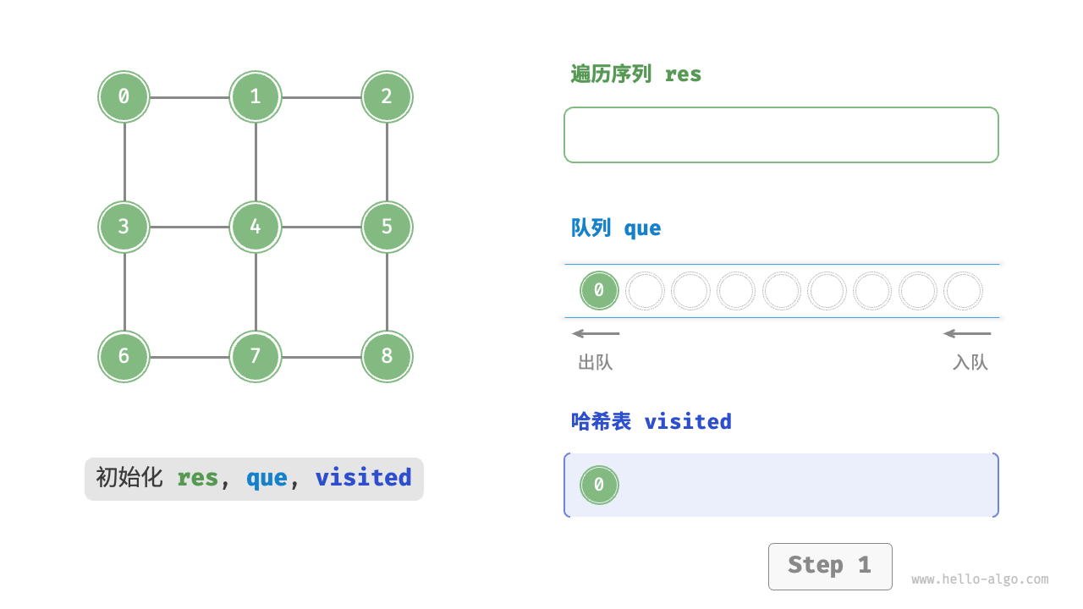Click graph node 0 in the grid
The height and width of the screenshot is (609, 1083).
pyautogui.click(x=124, y=96)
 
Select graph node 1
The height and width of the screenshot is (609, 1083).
pyautogui.click(x=256, y=96)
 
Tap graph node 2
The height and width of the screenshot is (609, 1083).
pyautogui.click(x=387, y=96)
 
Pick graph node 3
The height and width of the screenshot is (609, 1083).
pyautogui.click(x=124, y=227)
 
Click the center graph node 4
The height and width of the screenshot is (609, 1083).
pyautogui.click(x=256, y=227)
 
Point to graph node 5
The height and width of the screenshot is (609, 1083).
pyautogui.click(x=387, y=227)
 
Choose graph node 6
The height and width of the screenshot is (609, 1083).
pyautogui.click(x=124, y=356)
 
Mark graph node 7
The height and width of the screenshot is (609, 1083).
pyautogui.click(x=256, y=356)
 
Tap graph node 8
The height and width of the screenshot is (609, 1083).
pyautogui.click(x=387, y=356)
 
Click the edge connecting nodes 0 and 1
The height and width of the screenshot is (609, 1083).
pyautogui.click(x=190, y=97)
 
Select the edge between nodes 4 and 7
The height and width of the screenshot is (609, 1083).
pyautogui.click(x=256, y=292)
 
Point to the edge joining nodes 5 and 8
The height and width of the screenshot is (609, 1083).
pyautogui.click(x=387, y=292)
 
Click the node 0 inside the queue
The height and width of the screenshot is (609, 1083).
pyautogui.click(x=599, y=291)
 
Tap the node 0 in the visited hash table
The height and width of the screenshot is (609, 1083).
pyautogui.click(x=599, y=485)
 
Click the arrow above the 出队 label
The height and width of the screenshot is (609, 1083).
pyautogui.click(x=596, y=333)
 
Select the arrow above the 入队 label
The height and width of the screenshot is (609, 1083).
pyautogui.click(x=967, y=333)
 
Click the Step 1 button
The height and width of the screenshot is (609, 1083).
pyautogui.click(x=829, y=566)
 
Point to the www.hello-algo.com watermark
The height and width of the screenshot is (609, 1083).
pyautogui.click(x=980, y=579)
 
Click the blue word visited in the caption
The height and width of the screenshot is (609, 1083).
pyautogui.click(x=363, y=478)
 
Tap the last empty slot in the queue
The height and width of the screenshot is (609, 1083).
pyautogui.click(x=963, y=291)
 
